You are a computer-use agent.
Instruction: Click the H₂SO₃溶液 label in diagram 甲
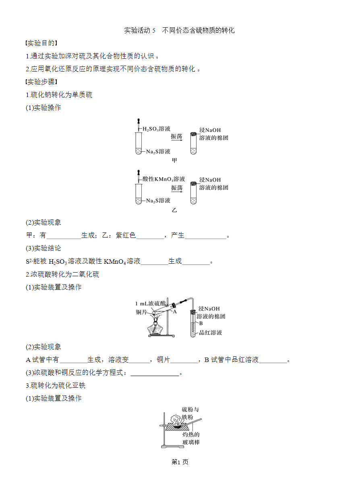[157, 129]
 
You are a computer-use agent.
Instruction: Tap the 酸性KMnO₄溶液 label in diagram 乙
[163, 179]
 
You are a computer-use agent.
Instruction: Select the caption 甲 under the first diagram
[174, 160]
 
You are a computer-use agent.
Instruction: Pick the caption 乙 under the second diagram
[174, 210]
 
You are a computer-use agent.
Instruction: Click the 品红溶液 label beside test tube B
[211, 333]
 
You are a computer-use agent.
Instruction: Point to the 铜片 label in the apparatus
[141, 312]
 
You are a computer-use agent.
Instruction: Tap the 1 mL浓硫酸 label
[151, 304]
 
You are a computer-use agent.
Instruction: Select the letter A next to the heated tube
[175, 312]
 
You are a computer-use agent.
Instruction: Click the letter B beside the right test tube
[201, 323]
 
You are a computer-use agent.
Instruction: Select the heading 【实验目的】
[41, 43]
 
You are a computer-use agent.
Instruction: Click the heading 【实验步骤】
[41, 82]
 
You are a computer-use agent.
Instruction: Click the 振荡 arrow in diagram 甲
[176, 140]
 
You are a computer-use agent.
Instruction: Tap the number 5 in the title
[154, 31]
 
